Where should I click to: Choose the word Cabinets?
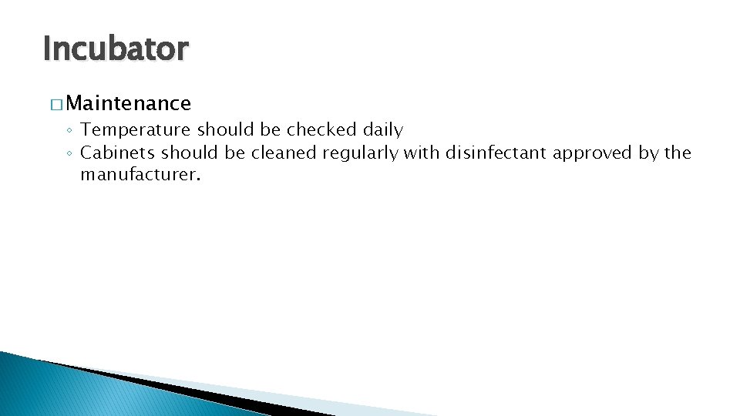pos(118,153)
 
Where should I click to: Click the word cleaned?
pos(283,153)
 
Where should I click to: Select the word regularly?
pos(361,153)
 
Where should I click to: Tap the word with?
pos(422,153)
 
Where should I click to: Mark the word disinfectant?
pos(496,153)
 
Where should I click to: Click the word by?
pos(648,153)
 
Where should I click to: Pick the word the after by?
pos(678,153)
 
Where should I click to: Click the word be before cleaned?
pos(235,153)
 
